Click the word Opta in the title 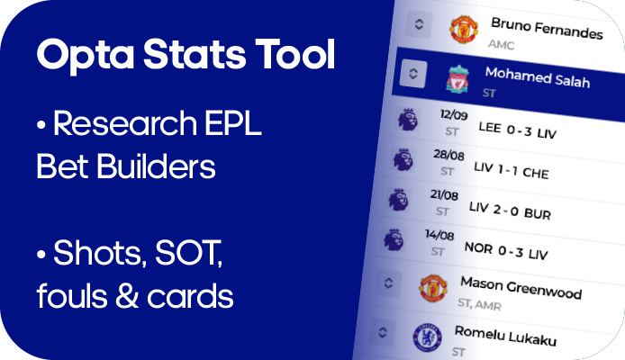(x=86, y=55)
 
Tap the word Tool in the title (x=294, y=53)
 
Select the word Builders (x=156, y=166)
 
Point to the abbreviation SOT (x=188, y=253)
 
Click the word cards (x=190, y=296)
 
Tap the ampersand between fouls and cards (x=127, y=296)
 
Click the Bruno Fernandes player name (x=547, y=28)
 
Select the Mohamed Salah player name (x=538, y=76)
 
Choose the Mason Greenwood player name (x=521, y=287)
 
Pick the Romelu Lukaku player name (x=505, y=336)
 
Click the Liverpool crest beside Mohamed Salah (x=457, y=79)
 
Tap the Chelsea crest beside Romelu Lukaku (x=427, y=337)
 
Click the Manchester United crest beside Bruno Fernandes (x=464, y=29)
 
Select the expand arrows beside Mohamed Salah (x=413, y=73)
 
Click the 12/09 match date (x=454, y=114)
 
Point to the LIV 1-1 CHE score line (x=512, y=170)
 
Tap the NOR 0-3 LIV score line (x=506, y=251)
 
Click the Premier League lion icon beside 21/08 (x=398, y=200)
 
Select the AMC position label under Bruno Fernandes (x=501, y=44)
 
